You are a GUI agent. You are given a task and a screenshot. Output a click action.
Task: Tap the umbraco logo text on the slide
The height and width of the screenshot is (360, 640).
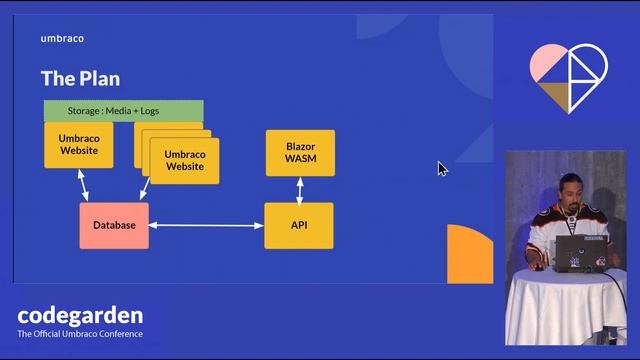[x=62, y=39]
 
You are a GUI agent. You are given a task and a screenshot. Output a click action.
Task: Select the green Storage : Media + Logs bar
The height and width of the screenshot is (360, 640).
[x=123, y=110]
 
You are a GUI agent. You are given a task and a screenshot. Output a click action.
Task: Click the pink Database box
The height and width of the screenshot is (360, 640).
[x=114, y=225]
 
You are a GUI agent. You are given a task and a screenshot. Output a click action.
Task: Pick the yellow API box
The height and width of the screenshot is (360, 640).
[x=298, y=225]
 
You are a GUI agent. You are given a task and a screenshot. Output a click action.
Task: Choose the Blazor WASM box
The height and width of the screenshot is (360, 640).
[x=299, y=153]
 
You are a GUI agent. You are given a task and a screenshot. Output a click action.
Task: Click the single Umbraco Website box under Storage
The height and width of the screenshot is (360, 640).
[x=78, y=144]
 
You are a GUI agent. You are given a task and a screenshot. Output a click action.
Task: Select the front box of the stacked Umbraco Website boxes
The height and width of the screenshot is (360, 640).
[x=184, y=160]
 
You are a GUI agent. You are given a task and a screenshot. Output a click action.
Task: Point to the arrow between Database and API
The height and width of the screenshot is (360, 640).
[x=206, y=226]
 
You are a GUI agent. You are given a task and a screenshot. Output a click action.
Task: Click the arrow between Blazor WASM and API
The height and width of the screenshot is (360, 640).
[x=299, y=190]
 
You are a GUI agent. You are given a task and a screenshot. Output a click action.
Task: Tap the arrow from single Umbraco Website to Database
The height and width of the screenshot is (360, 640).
[x=84, y=185]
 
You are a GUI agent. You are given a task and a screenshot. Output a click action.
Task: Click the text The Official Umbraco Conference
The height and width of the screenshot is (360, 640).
[x=80, y=334]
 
